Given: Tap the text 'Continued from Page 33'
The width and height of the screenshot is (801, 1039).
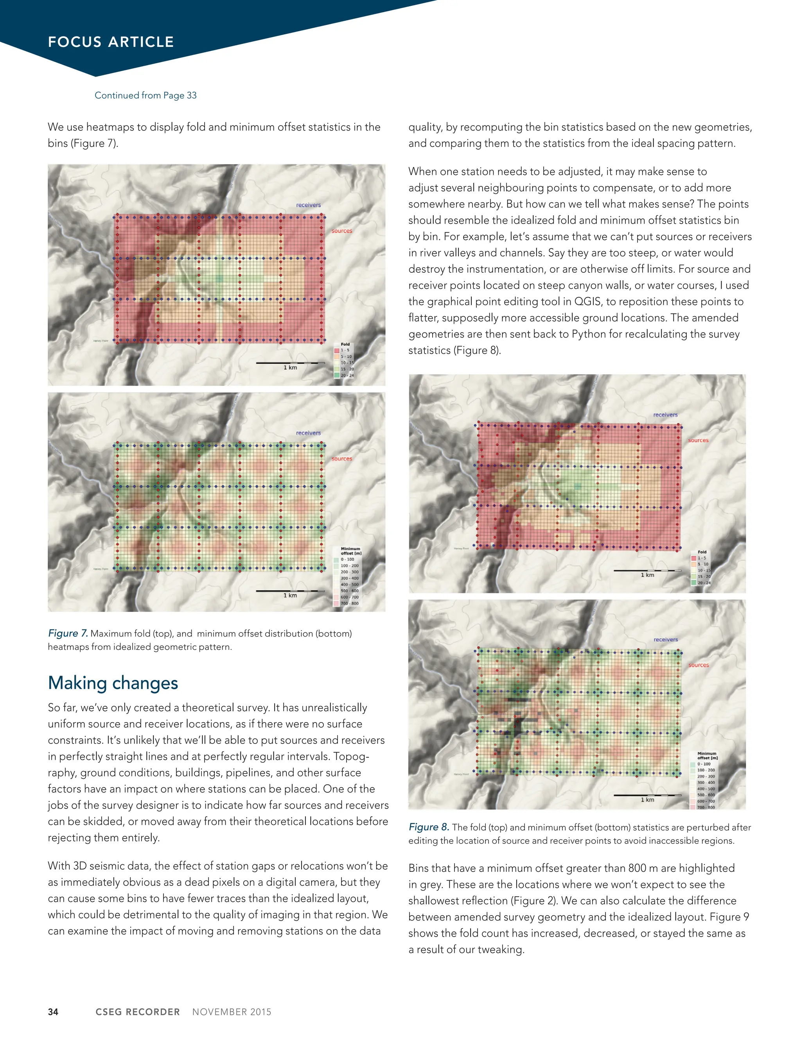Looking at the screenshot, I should click(145, 95).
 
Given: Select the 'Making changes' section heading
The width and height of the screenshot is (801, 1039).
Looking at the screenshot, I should click(113, 683).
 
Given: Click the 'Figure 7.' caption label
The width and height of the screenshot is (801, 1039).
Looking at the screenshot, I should click(68, 633).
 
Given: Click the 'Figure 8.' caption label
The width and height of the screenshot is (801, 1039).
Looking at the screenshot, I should click(429, 827).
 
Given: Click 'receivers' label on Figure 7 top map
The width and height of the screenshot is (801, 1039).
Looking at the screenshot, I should click(308, 205).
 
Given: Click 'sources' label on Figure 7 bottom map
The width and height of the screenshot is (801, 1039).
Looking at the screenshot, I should click(341, 459).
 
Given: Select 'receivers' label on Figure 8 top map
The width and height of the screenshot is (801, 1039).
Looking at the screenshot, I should click(665, 415).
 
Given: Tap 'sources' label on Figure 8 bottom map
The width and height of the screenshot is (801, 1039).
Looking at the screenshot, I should click(698, 665).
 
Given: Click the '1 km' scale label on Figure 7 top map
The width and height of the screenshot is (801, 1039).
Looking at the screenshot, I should click(290, 367).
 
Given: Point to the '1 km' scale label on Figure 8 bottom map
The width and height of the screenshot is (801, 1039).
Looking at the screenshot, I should click(647, 800).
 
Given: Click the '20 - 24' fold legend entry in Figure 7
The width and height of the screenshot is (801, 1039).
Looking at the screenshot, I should click(347, 376).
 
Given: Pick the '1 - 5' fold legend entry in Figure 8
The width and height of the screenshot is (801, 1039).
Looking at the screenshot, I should click(702, 558).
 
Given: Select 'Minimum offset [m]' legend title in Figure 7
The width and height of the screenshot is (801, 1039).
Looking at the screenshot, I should click(351, 551).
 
